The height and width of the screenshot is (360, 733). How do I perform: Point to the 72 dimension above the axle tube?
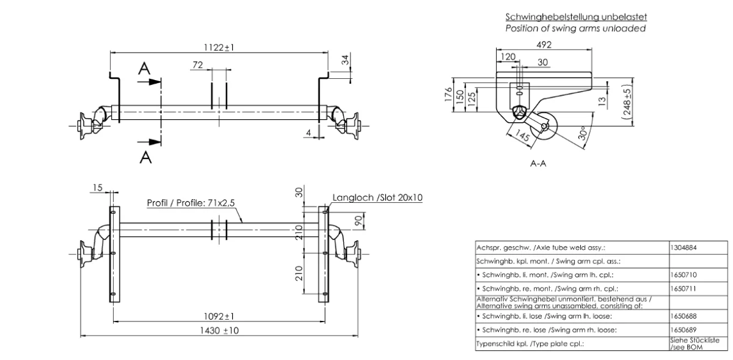point(197,64)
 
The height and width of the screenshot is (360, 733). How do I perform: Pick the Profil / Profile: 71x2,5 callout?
point(191,202)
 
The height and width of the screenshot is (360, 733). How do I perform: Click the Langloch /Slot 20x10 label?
point(377,197)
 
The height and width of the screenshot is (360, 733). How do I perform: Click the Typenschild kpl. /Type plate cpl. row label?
point(530,343)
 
